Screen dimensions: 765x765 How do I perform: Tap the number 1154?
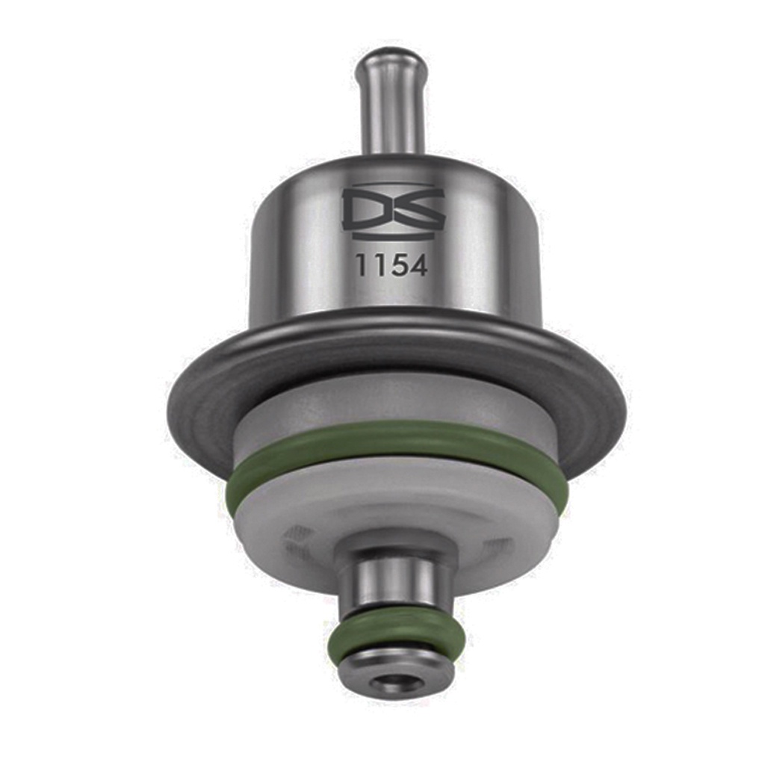pyautogui.click(x=391, y=265)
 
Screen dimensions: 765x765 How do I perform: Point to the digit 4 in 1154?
pyautogui.click(x=418, y=265)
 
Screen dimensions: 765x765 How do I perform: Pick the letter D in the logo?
pyautogui.click(x=366, y=210)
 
